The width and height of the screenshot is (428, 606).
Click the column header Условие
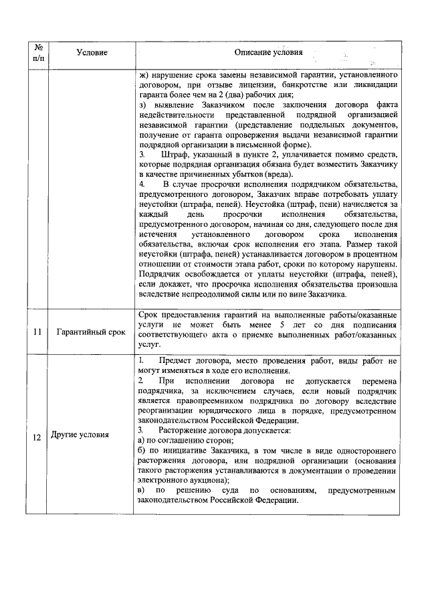92,52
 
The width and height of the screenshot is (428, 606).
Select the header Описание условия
268,52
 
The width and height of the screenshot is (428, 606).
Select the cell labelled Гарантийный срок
92,331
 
